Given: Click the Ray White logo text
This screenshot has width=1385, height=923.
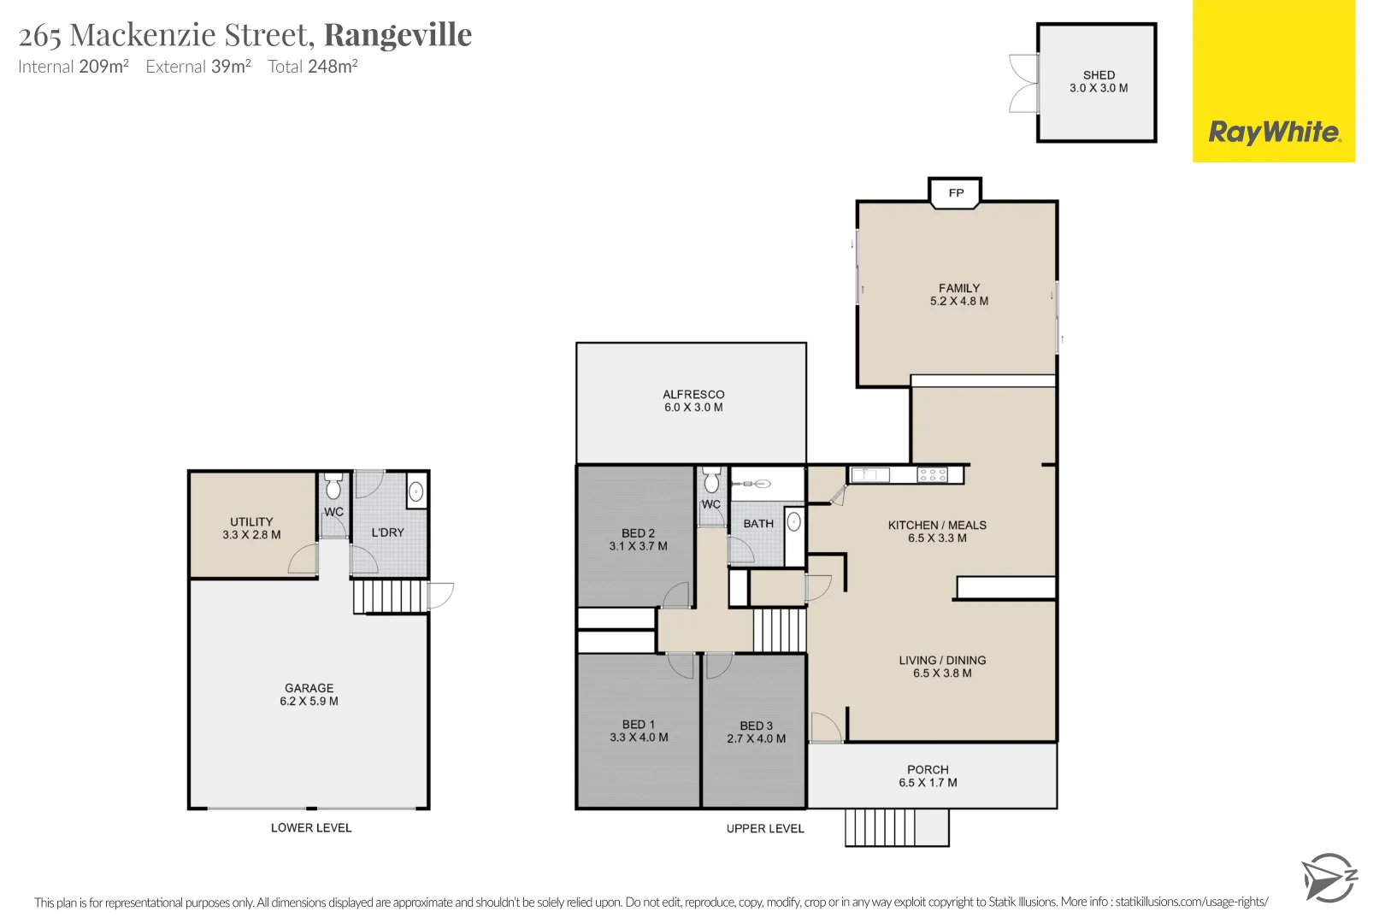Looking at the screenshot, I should coord(1274,132).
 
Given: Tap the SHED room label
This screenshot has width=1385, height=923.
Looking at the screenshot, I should coord(1099,75).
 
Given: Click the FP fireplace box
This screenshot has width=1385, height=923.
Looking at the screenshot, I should coord(956,193).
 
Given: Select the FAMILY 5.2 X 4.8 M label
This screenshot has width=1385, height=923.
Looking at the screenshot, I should coord(959,295).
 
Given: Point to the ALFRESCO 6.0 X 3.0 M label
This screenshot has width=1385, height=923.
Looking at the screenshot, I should coord(693,401).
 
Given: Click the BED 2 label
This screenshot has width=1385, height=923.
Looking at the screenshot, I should coord(638,533).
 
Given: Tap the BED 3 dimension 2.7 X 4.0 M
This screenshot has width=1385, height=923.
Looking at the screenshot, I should coord(756,739).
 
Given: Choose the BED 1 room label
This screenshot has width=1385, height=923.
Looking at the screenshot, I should coord(638,725).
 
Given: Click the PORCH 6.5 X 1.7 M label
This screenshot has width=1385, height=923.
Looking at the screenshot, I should coord(928,776).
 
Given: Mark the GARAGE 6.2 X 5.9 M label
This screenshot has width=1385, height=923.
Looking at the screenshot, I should coord(309,695).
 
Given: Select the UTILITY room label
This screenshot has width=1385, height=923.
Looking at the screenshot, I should coord(251,522).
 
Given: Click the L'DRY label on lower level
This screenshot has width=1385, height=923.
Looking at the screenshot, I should coord(387,532).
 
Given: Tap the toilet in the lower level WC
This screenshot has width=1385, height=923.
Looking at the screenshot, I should coord(333,488).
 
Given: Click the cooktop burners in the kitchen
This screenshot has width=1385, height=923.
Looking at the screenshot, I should coord(932,475).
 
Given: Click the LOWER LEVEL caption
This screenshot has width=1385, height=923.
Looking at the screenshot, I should coord(311,828).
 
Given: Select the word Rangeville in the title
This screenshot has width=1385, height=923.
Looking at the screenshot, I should coord(398,35).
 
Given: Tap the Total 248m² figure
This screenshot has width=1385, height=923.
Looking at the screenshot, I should coord(312,67).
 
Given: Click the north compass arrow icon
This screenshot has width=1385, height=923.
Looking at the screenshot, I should coord(1329,877).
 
